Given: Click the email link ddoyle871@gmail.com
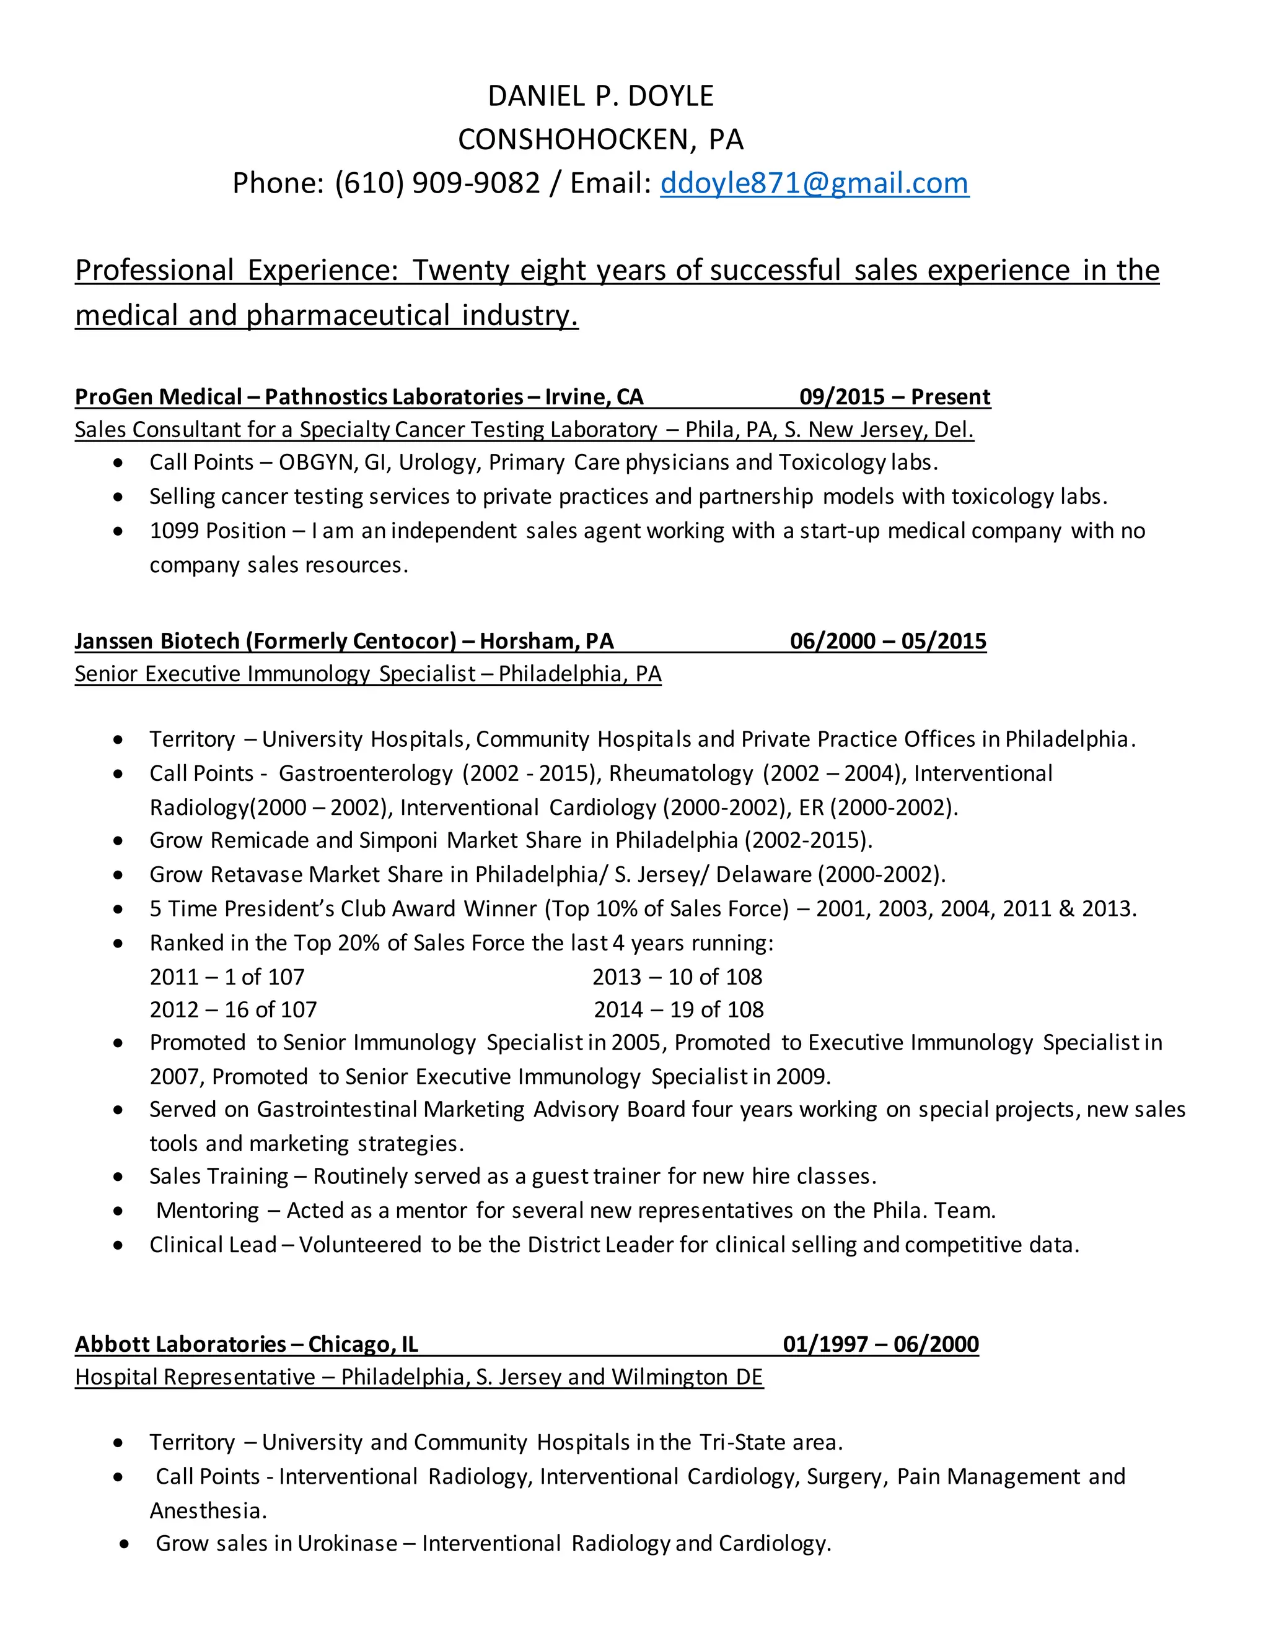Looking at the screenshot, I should point(814,183).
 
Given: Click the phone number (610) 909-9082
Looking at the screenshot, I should point(437,183).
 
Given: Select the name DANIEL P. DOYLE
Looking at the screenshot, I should point(600,96).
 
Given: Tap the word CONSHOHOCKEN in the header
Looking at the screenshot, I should point(573,140).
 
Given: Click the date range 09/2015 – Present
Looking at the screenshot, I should point(895,397).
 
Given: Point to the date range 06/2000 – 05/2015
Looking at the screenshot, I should point(888,641).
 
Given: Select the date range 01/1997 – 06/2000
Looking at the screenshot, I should point(880,1344).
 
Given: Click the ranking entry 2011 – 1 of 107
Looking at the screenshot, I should point(227,977).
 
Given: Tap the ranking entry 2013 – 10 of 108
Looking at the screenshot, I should point(677,977).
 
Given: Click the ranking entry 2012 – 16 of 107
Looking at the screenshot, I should point(233,1010).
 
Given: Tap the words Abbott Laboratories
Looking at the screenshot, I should point(180,1344).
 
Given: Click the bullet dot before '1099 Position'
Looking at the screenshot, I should point(118,531).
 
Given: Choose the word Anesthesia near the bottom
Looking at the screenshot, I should point(207,1510).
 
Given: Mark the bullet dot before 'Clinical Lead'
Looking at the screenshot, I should point(118,1246).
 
